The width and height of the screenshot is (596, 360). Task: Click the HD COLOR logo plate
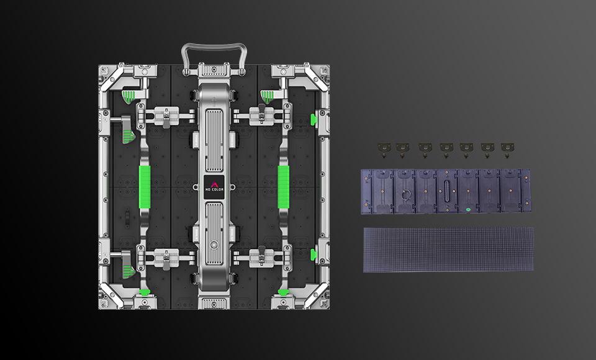click(214, 187)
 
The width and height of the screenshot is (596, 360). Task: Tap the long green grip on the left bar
click(145, 187)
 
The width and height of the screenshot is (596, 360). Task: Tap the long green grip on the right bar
click(284, 187)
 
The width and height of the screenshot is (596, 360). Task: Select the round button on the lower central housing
click(214, 245)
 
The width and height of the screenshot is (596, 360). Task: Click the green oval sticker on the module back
click(468, 209)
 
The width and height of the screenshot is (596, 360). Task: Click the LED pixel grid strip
click(448, 250)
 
